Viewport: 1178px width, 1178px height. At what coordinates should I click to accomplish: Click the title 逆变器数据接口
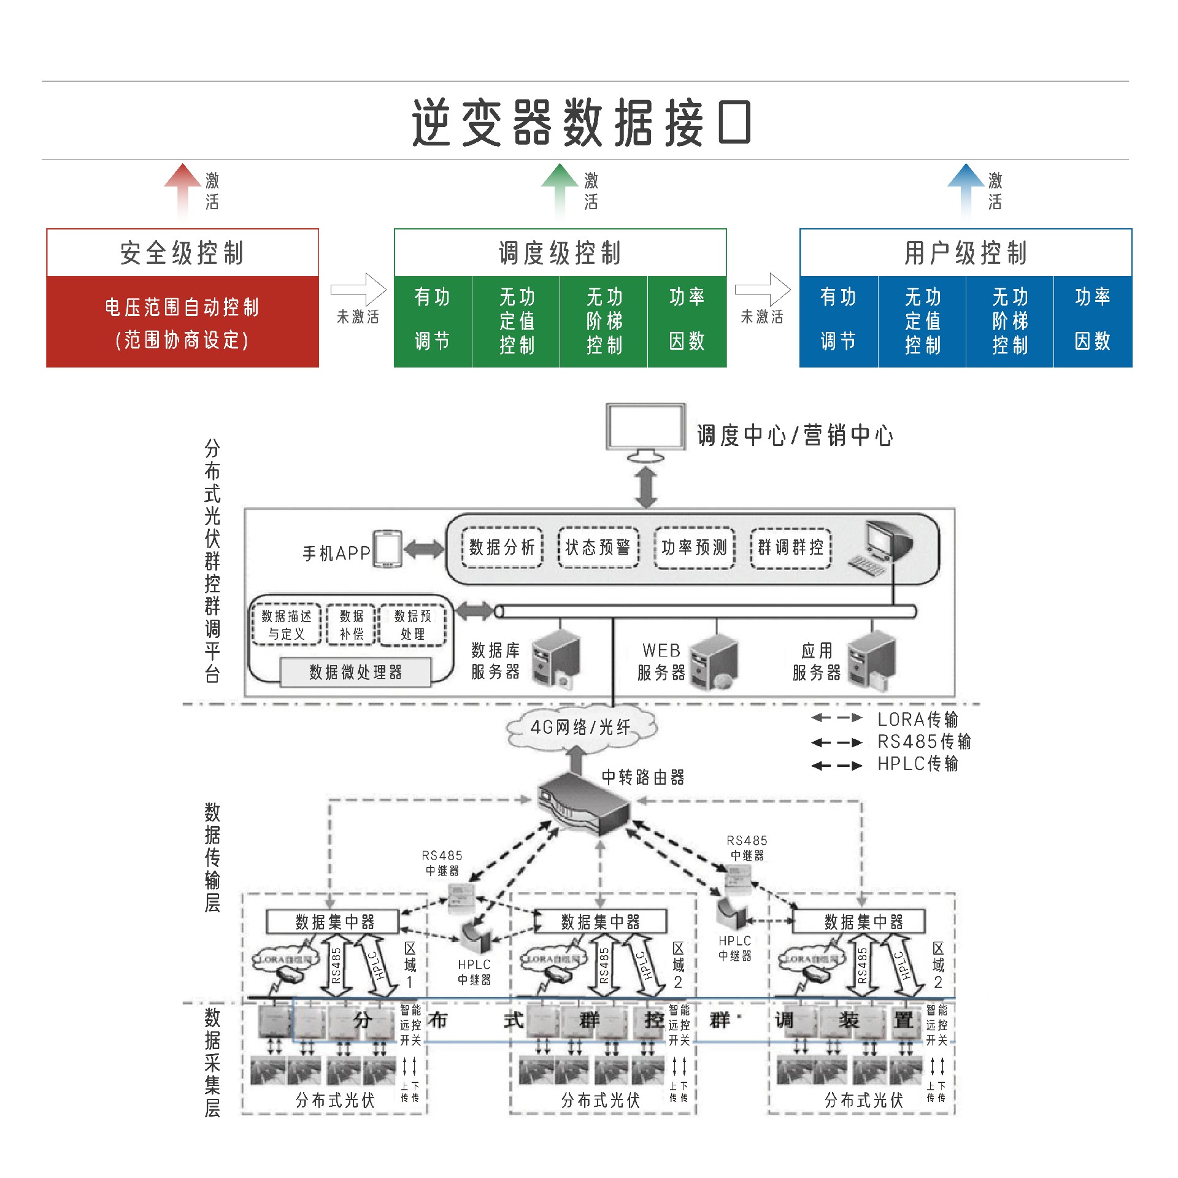click(x=581, y=123)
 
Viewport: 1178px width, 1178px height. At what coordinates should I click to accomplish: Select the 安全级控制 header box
click(x=182, y=253)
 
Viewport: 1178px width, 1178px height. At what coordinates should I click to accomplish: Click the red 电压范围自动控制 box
click(x=182, y=322)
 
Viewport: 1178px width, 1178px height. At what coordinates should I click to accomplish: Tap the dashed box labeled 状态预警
click(x=598, y=547)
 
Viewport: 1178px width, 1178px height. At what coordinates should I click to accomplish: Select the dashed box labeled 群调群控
click(x=790, y=547)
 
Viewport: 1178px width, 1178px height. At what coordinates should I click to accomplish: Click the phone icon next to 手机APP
click(x=388, y=549)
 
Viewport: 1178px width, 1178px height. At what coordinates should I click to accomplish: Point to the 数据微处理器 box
click(x=355, y=672)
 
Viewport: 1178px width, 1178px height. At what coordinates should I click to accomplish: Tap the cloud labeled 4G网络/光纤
click(x=580, y=728)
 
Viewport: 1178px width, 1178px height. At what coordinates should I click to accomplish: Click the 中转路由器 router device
click(x=583, y=804)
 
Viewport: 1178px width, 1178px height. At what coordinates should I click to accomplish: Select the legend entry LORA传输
click(x=917, y=719)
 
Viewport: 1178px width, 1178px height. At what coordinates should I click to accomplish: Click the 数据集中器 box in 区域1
click(x=333, y=922)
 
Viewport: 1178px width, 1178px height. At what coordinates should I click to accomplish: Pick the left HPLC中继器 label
click(x=474, y=972)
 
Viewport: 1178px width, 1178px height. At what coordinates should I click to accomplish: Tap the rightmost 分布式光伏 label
click(x=863, y=1100)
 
